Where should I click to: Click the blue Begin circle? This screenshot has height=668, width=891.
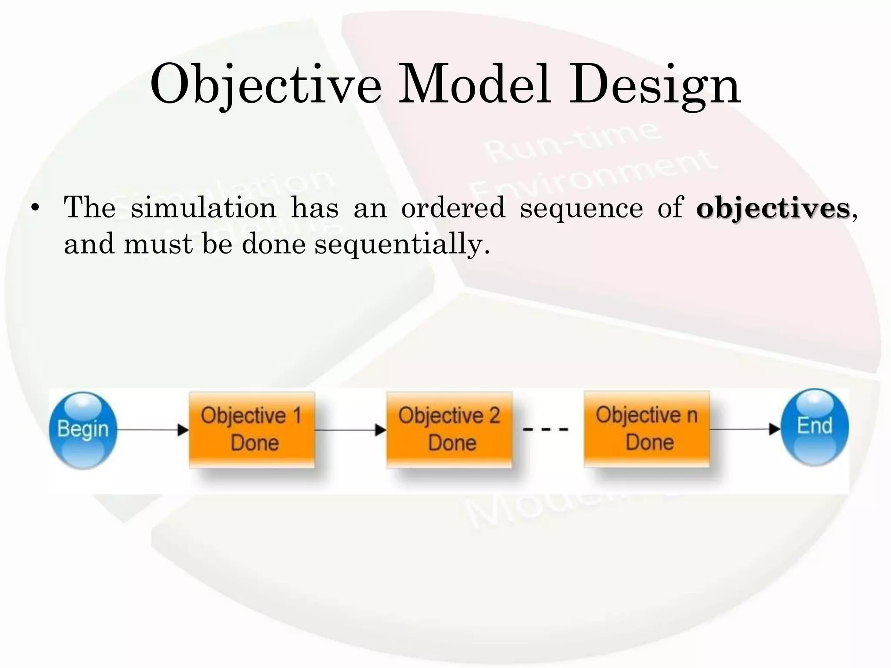point(83,430)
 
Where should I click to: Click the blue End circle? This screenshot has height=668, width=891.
point(814,427)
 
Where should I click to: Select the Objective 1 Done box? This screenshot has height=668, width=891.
point(251,429)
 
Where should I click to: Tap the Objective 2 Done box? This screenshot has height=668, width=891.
point(449,429)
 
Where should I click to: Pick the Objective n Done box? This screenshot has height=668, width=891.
point(646,428)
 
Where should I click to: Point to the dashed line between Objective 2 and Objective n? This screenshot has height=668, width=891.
point(546,429)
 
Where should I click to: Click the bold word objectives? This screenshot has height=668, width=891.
point(773,208)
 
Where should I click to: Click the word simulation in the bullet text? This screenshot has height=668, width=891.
point(203,207)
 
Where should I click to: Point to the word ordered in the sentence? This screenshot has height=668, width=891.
point(453,207)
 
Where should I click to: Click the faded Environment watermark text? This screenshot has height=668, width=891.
point(592,176)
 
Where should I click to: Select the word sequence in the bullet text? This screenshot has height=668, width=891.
point(581,208)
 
